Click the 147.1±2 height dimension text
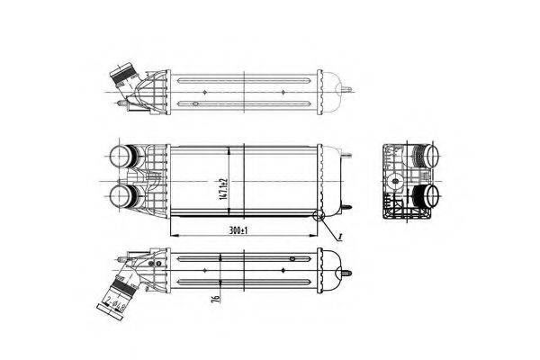point(232,181)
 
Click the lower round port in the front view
point(121,195)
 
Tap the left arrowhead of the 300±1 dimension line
point(173,235)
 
